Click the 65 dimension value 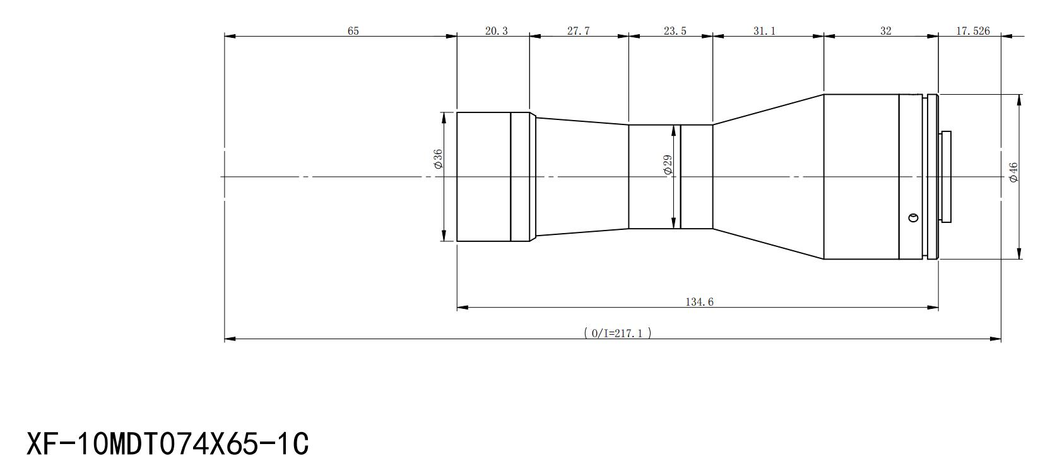tap(353, 30)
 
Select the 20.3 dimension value tap(497, 30)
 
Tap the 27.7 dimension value tap(578, 30)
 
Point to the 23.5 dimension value tap(675, 30)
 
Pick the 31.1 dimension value tap(764, 30)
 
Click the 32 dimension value tap(885, 30)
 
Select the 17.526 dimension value tap(972, 30)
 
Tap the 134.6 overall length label tap(699, 302)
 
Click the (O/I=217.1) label tap(618, 333)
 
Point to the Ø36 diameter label tap(438, 159)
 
